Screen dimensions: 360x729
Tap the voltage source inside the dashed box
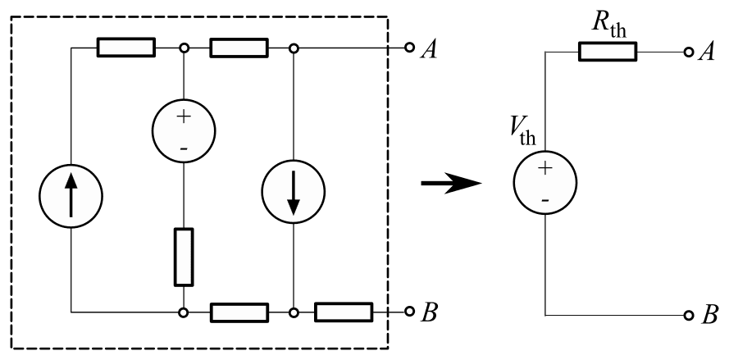point(184,129)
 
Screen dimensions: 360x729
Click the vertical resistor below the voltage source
point(184,257)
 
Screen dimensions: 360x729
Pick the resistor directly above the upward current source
point(126,48)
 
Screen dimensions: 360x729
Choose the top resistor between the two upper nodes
point(239,48)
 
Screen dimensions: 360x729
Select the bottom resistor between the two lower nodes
point(239,312)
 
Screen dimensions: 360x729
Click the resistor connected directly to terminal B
point(344,312)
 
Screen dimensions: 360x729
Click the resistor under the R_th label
point(607,52)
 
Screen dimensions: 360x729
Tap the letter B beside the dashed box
point(431,313)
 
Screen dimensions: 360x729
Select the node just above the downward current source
point(293,48)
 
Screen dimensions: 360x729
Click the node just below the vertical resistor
point(184,312)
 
